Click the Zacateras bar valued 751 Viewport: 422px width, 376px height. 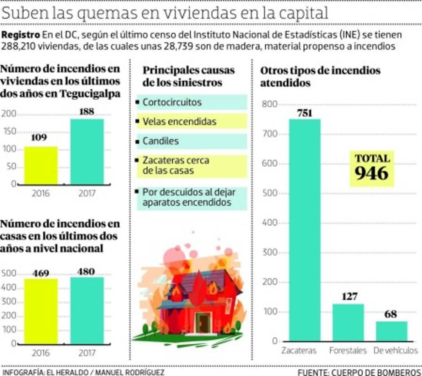[x=305, y=230]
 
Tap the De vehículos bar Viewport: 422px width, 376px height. [x=391, y=331]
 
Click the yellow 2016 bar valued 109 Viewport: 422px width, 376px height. [x=41, y=165]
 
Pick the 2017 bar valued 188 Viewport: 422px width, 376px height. [x=87, y=152]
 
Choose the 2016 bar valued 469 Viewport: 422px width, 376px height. [x=41, y=311]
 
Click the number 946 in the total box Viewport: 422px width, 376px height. [x=371, y=173]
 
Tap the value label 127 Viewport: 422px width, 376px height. [x=349, y=297]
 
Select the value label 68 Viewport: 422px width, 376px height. [x=391, y=314]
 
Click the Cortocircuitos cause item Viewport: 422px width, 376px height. [x=172, y=102]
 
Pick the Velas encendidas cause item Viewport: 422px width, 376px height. [x=179, y=122]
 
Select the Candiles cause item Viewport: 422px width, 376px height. [x=160, y=141]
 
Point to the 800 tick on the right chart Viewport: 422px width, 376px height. [x=270, y=104]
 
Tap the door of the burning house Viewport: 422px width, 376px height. [x=203, y=323]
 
